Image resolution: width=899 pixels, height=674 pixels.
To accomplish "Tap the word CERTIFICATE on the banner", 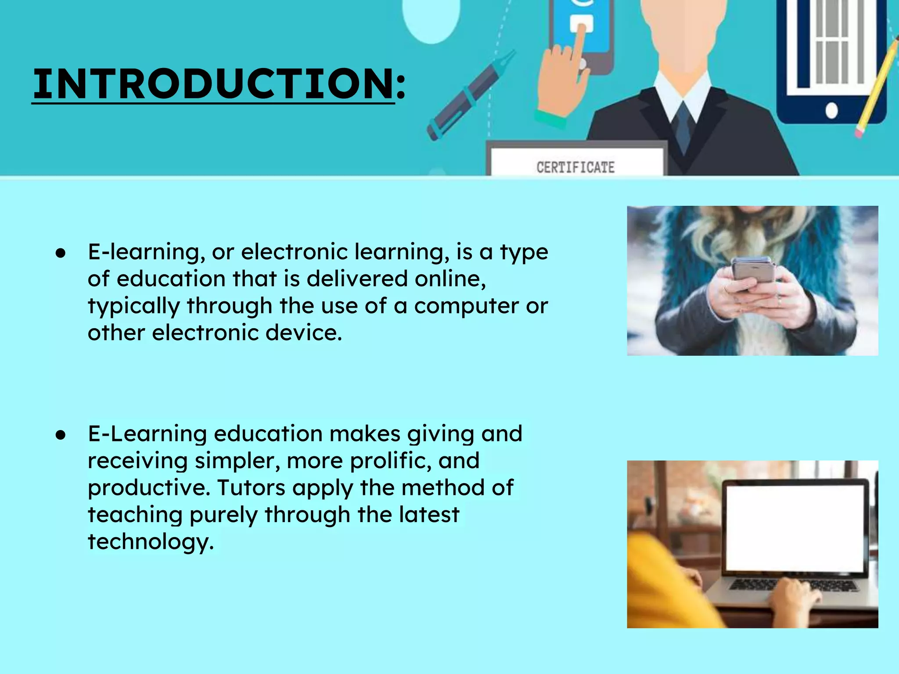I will coord(575,167).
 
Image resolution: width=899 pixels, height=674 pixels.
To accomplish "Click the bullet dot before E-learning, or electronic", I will coord(61,253).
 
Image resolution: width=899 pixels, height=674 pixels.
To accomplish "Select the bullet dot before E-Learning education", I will coord(61,435).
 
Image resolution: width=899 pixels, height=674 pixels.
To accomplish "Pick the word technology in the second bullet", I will coord(151,542).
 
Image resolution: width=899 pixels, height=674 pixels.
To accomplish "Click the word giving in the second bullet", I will coord(440,434).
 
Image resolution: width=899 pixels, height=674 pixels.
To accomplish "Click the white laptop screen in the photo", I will coord(795,527).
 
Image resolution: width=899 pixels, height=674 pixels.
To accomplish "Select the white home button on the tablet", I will coord(831,111).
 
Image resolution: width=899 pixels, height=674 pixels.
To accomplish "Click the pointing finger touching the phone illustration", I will coord(579,44).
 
